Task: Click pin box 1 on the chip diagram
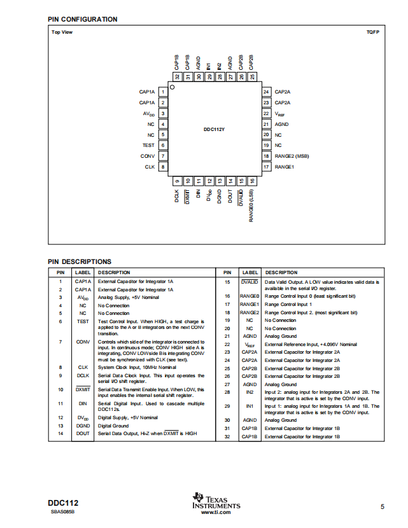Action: click(163, 92)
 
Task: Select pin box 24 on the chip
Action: click(266, 92)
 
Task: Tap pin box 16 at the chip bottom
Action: click(252, 181)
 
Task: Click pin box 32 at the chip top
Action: click(177, 77)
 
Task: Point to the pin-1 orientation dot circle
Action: click(172, 87)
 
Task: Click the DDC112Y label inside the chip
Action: click(214, 129)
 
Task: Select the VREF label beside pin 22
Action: click(279, 114)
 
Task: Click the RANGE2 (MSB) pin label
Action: click(292, 156)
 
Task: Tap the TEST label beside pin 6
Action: click(148, 145)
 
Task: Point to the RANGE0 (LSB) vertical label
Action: click(251, 205)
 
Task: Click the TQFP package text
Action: click(373, 32)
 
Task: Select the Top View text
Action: click(62, 32)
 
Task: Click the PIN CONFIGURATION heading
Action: click(83, 19)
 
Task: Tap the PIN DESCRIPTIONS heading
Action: click(80, 261)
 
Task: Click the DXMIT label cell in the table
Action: click(83, 389)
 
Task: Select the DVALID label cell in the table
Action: click(250, 282)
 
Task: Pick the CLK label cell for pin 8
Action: click(83, 368)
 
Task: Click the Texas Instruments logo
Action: click(216, 501)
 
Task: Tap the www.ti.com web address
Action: click(216, 512)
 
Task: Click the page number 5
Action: click(383, 506)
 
